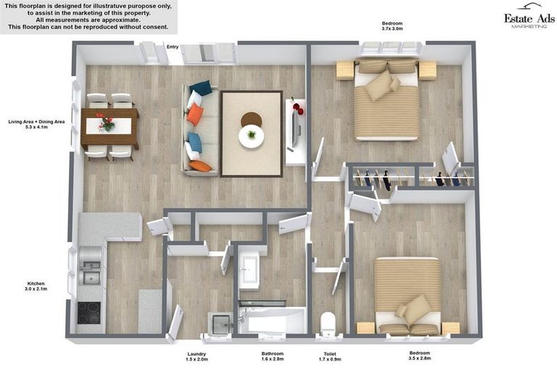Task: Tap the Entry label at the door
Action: click(x=173, y=47)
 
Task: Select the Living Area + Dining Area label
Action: click(x=36, y=124)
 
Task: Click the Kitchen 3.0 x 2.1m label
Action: click(x=36, y=286)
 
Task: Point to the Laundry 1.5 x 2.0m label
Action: click(x=197, y=357)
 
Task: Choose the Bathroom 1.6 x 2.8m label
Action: click(x=273, y=356)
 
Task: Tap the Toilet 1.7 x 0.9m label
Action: click(x=330, y=357)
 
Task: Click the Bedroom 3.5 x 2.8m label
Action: click(x=419, y=355)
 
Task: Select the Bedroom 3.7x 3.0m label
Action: click(x=392, y=26)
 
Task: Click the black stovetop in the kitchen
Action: click(x=88, y=313)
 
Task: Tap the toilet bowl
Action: click(x=328, y=322)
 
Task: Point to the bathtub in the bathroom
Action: click(x=273, y=320)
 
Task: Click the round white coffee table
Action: click(x=251, y=136)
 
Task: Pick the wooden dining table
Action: click(x=110, y=126)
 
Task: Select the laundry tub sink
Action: click(x=220, y=323)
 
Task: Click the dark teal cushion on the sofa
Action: click(x=201, y=88)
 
